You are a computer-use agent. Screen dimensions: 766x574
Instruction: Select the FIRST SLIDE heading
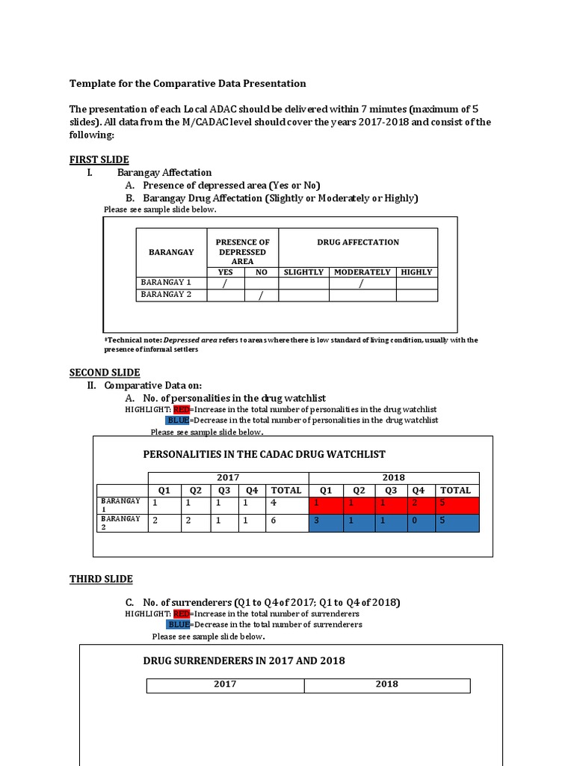[x=99, y=159]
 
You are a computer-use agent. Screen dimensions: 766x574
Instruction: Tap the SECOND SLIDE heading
[x=105, y=373]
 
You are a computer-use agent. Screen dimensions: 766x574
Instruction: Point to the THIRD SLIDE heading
[x=101, y=578]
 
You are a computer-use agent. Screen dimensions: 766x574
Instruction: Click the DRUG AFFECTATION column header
[x=357, y=242]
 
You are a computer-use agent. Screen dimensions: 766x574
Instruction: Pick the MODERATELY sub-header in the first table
[x=362, y=272]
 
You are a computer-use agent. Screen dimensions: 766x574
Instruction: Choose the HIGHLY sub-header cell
[x=416, y=272]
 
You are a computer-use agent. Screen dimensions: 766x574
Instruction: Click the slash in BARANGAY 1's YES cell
[x=224, y=284]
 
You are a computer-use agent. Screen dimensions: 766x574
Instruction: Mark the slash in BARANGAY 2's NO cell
[x=261, y=295]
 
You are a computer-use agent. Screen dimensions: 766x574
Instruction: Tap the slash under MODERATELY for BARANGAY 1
[x=362, y=284]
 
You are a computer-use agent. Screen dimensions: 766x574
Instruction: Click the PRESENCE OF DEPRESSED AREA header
[x=242, y=252]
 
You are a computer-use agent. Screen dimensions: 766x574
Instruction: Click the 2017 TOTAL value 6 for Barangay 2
[x=274, y=520]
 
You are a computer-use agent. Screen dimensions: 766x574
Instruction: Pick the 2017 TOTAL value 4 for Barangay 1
[x=274, y=503]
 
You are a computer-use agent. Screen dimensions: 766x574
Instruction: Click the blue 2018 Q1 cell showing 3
[x=317, y=520]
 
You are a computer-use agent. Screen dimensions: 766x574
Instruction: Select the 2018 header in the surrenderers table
[x=386, y=684]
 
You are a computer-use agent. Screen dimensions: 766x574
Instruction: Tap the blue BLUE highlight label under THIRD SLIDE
[x=179, y=624]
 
